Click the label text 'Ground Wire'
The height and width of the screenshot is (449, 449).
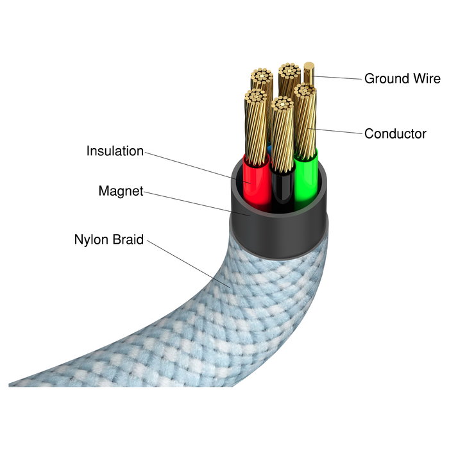(x=402, y=78)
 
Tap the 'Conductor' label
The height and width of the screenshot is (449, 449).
(x=395, y=133)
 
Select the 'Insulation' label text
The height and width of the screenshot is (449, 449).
(x=115, y=151)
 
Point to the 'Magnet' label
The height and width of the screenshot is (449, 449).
(x=121, y=191)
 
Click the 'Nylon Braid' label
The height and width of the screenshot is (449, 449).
(x=109, y=239)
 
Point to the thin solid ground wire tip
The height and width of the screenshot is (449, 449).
(x=309, y=66)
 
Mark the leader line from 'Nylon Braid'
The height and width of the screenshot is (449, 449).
(x=189, y=264)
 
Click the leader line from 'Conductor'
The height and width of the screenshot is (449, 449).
(x=335, y=131)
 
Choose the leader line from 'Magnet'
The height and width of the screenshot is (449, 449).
(x=197, y=203)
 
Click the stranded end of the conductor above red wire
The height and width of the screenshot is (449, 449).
(x=255, y=96)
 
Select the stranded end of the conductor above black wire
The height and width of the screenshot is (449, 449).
(x=282, y=104)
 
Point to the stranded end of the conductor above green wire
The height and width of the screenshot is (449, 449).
(x=305, y=90)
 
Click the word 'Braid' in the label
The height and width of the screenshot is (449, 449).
(x=128, y=239)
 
